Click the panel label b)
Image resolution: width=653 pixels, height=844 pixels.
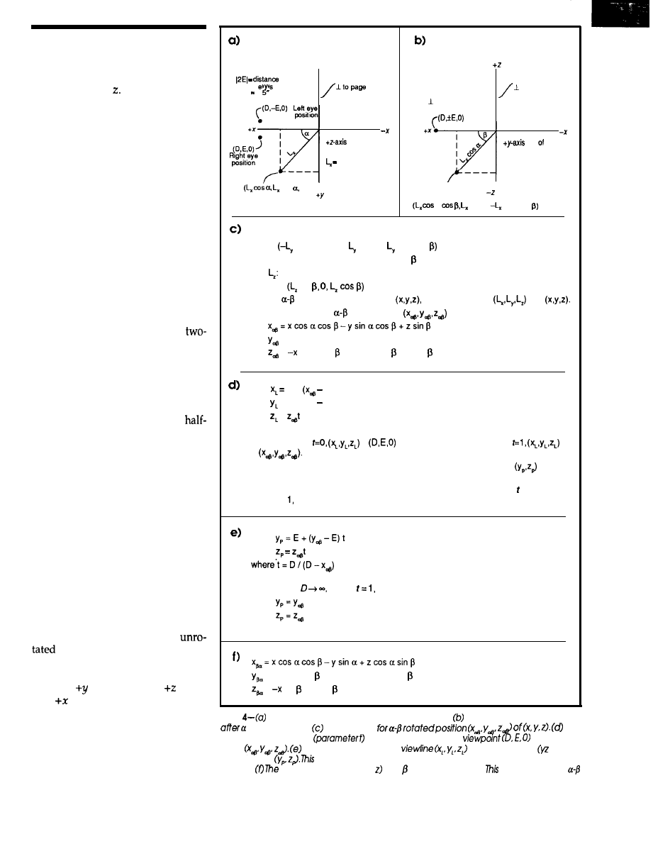[420, 42]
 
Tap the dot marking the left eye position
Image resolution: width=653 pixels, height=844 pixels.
[260, 121]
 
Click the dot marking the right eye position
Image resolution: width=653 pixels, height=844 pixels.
[260, 137]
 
